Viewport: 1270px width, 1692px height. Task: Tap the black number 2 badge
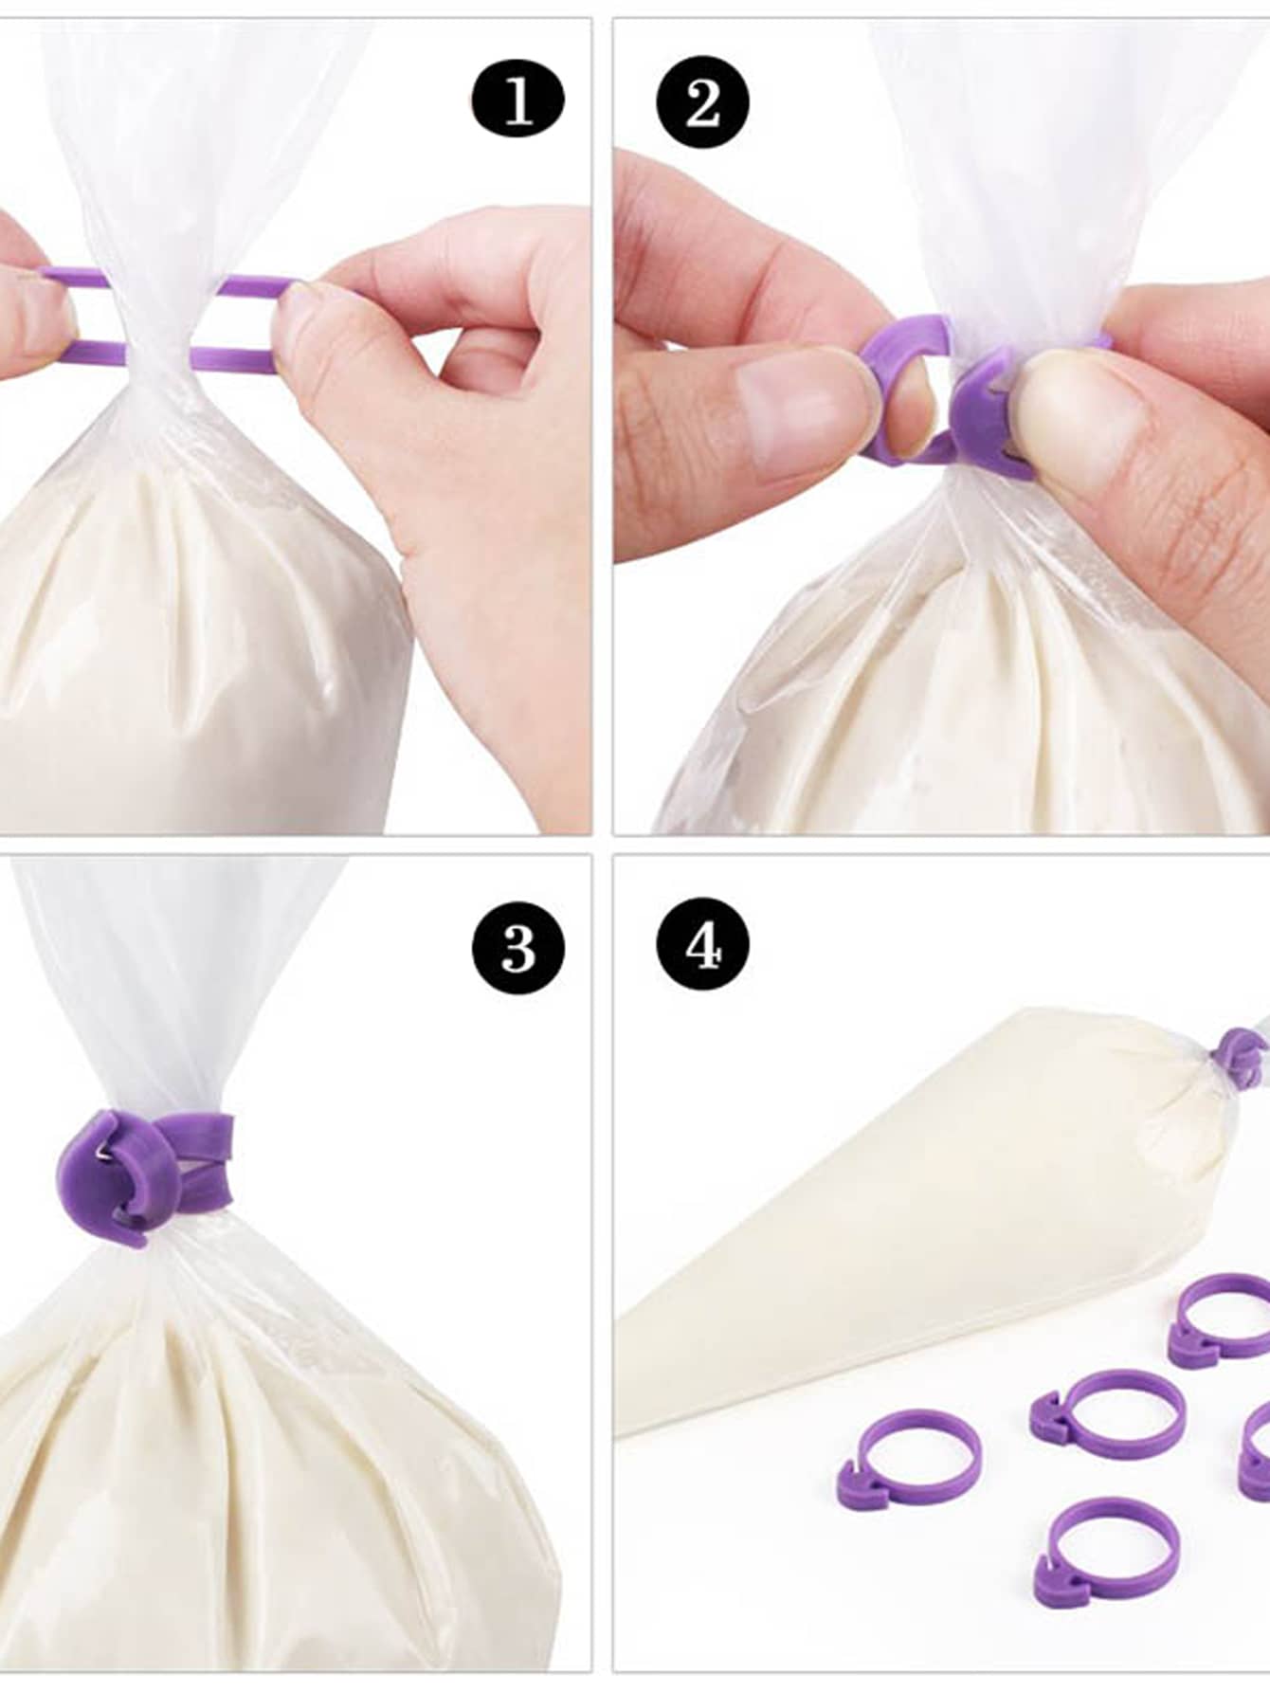pyautogui.click(x=702, y=100)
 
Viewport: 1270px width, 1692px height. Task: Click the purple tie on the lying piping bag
pyautogui.click(x=1236, y=1055)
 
